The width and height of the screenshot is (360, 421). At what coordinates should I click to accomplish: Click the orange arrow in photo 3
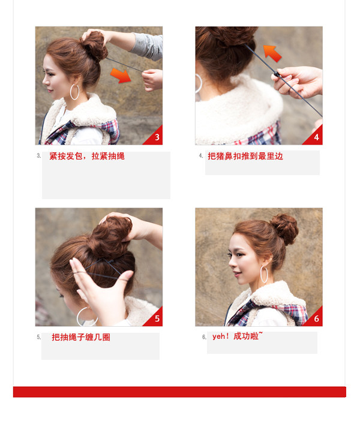(x=121, y=74)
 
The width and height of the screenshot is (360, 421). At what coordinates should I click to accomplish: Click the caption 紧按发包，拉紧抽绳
(x=87, y=156)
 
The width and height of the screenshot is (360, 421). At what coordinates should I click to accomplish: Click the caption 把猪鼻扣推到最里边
(x=245, y=156)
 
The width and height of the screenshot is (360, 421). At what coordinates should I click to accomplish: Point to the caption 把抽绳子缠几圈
(x=81, y=337)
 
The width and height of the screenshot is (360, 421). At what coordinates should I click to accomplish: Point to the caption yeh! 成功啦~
(x=237, y=336)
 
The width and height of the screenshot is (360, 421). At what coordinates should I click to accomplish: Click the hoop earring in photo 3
(x=75, y=92)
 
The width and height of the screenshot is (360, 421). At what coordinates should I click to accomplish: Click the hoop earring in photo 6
(x=265, y=275)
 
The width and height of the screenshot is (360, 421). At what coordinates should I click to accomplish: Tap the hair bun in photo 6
(x=284, y=228)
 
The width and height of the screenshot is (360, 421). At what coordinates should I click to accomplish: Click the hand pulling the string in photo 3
(x=152, y=79)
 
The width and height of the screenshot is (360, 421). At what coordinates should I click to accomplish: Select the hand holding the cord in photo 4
(x=298, y=80)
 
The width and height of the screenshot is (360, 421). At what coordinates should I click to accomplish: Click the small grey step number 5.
(x=39, y=337)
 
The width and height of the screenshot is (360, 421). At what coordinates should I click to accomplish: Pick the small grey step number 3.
(x=39, y=156)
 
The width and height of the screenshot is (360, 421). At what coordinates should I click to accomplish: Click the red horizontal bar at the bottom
(x=179, y=392)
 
